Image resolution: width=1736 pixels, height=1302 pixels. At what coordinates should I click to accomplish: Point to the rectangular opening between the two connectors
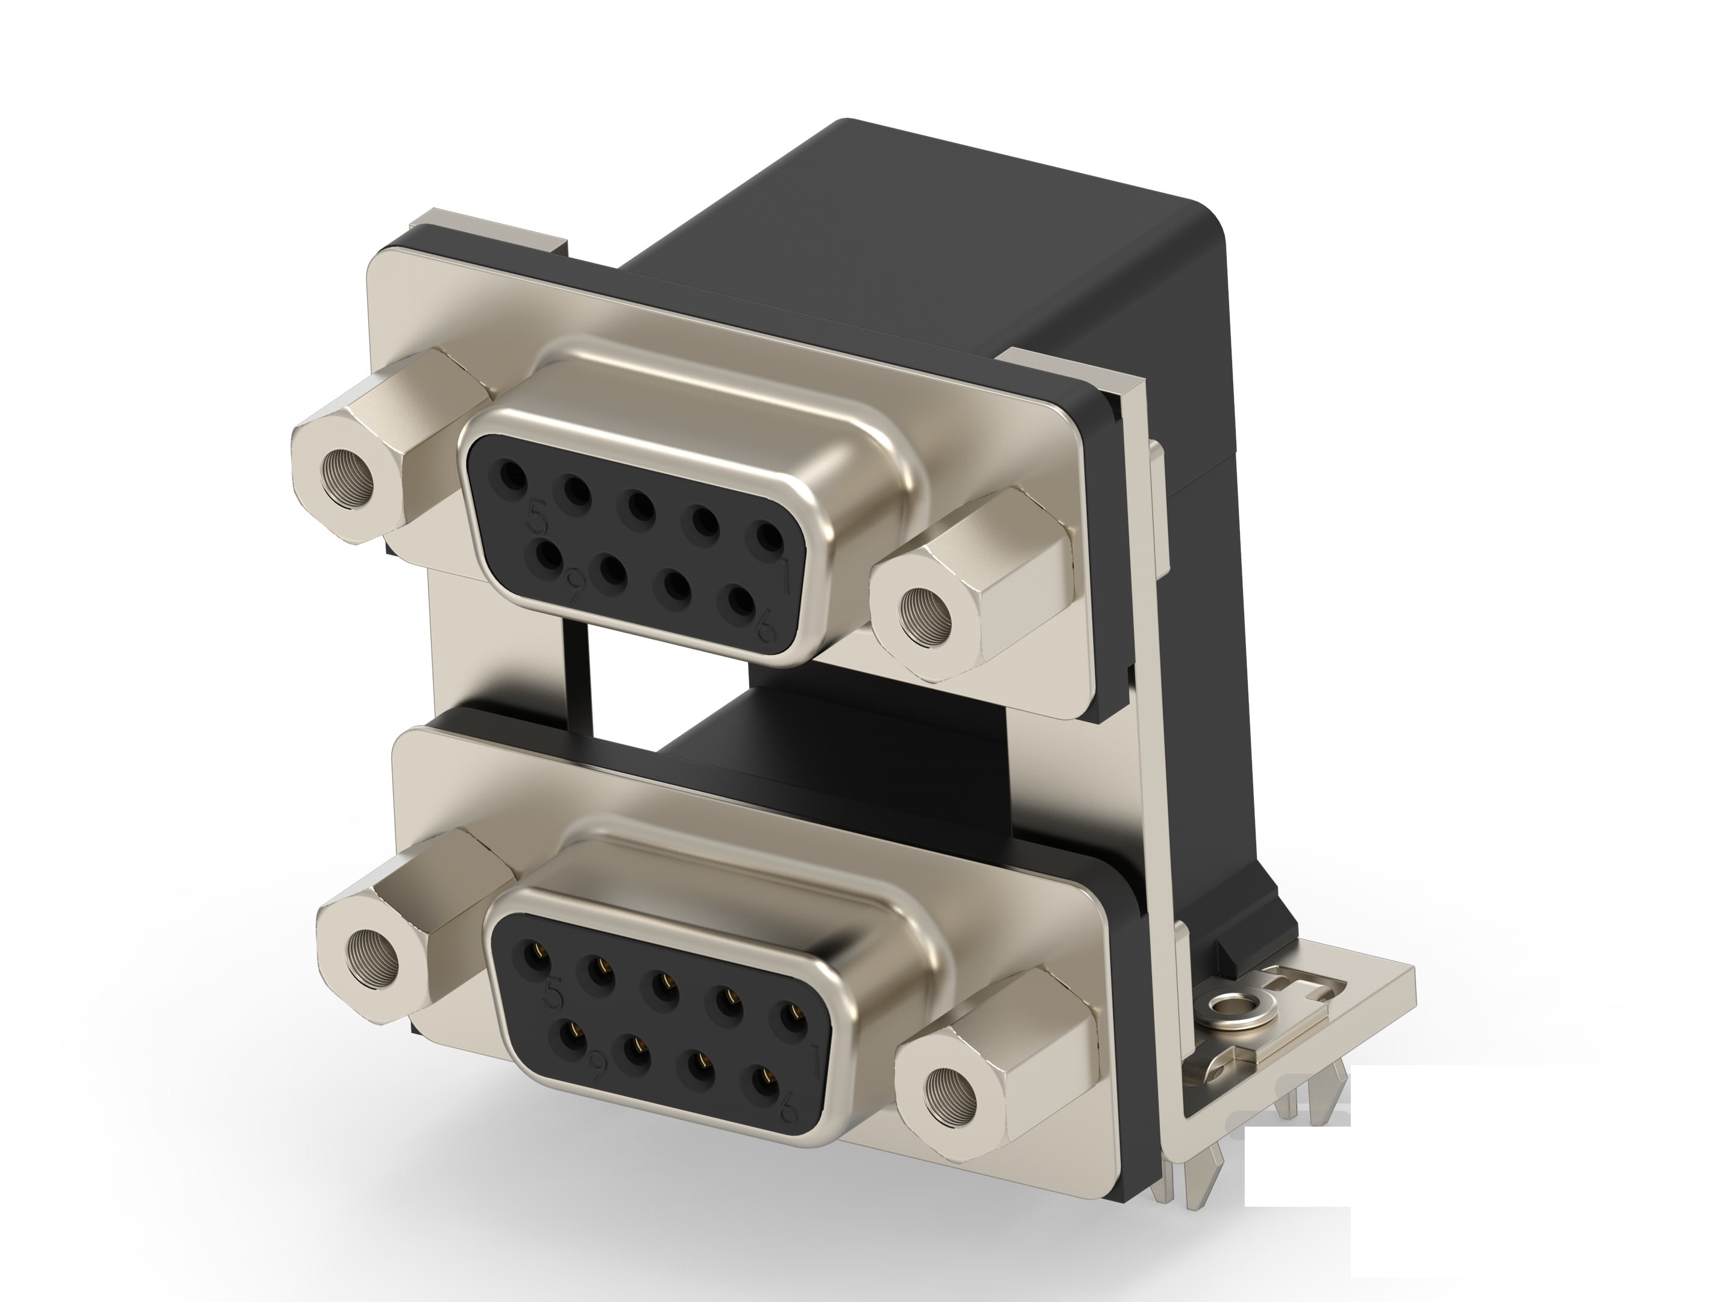click(x=667, y=691)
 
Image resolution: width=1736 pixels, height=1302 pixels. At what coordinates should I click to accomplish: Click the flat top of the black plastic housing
click(x=981, y=236)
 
